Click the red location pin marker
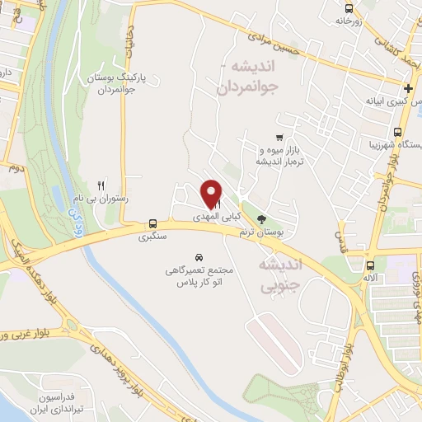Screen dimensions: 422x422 [211, 194]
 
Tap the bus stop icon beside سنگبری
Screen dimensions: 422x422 [152, 223]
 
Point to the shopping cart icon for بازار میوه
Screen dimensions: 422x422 [279, 138]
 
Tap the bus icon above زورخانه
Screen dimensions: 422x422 [349, 10]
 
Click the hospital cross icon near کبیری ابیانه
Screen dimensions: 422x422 [407, 88]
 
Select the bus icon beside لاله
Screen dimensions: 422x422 [371, 265]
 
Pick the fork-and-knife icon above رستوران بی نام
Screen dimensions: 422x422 [101, 185]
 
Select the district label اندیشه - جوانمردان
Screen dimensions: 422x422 [251, 75]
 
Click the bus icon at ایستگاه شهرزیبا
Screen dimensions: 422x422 [398, 133]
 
